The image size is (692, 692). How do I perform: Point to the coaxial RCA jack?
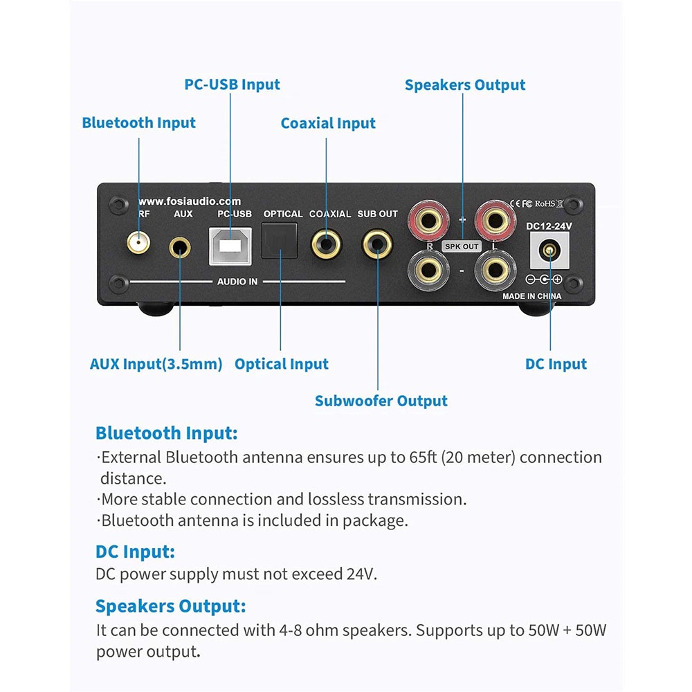325,244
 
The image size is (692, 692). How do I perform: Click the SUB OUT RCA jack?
378,244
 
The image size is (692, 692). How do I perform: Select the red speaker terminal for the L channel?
495,221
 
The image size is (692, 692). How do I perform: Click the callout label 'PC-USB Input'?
232,84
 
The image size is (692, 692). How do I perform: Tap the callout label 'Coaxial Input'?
328,123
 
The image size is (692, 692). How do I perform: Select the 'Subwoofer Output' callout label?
381,401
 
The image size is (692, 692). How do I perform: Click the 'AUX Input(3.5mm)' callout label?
156,364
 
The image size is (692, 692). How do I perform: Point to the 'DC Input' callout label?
556,364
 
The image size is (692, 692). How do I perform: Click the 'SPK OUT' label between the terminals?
462,246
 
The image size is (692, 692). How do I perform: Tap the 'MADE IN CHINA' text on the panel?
531,296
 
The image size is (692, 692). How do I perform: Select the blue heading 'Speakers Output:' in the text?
170,607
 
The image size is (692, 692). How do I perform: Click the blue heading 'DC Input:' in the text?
135,552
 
